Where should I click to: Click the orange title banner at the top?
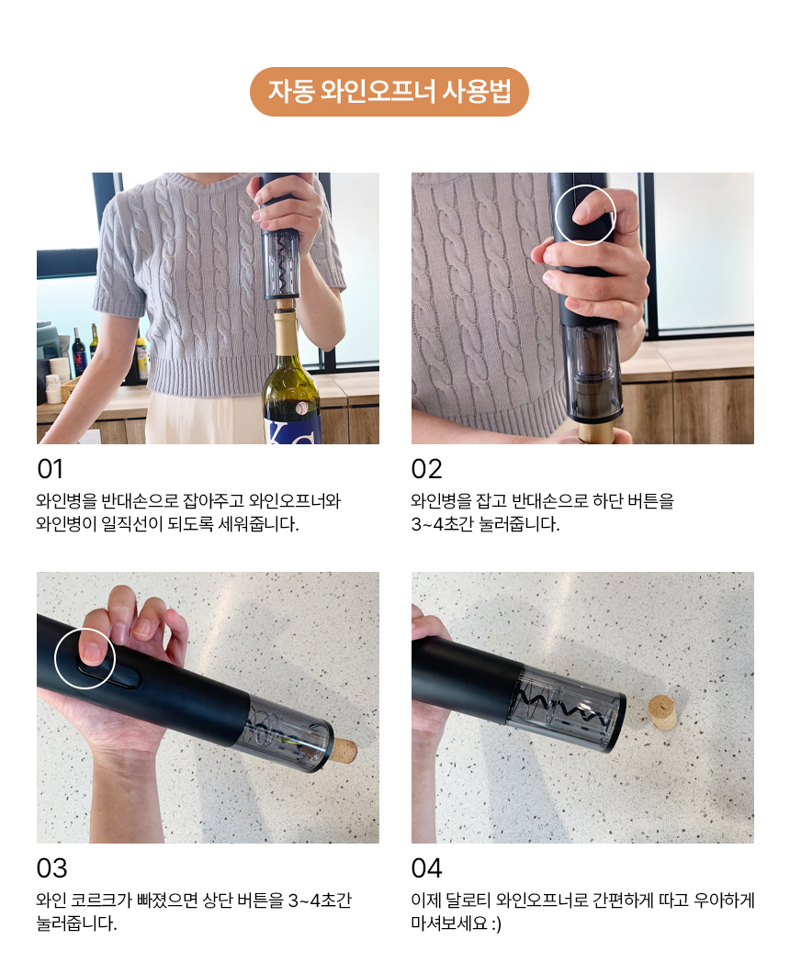[389, 92]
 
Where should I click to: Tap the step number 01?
[50, 469]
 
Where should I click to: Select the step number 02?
[426, 469]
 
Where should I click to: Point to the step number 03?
[51, 868]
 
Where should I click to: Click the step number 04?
[426, 868]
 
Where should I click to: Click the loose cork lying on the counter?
[662, 712]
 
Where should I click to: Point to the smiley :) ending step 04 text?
[496, 924]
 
